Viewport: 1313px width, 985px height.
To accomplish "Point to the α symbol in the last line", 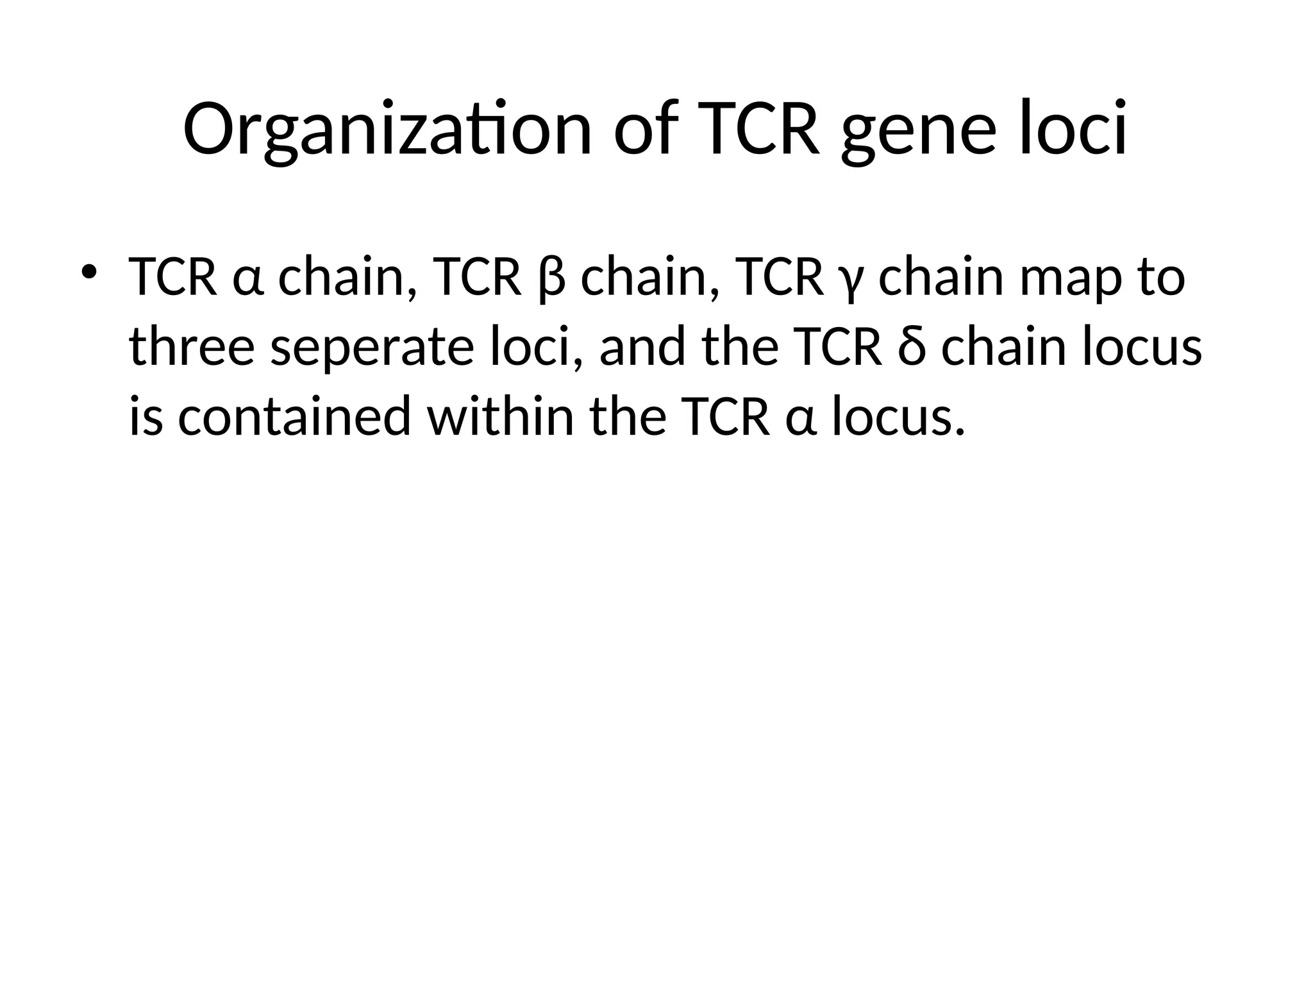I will pyautogui.click(x=801, y=418).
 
